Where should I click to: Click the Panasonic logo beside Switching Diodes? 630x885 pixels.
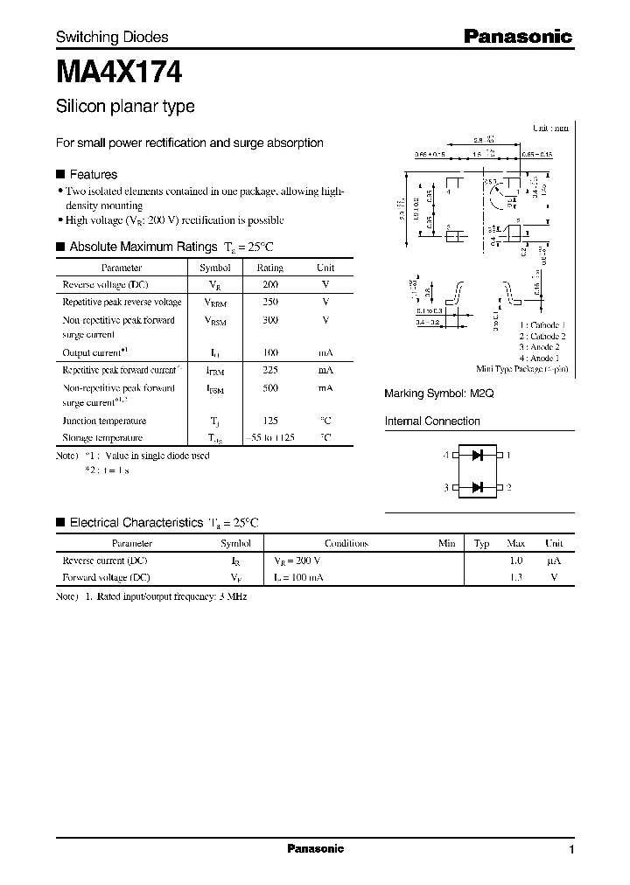(517, 37)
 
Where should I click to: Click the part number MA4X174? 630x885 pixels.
(119, 70)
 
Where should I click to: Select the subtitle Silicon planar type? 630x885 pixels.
(125, 107)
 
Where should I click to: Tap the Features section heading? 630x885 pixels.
(93, 174)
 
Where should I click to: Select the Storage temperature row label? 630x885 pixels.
(102, 437)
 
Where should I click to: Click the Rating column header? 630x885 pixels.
(269, 268)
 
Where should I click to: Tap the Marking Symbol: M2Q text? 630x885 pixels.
(439, 394)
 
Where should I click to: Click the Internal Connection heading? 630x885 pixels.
(432, 422)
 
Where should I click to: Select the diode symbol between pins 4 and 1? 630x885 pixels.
(478, 455)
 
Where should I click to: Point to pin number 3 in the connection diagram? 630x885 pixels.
(446, 487)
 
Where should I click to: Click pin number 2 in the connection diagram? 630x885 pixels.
(509, 487)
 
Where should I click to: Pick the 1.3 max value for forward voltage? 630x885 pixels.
(516, 577)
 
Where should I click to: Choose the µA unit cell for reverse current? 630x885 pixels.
(553, 561)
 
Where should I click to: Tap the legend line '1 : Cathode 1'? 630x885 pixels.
(542, 324)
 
